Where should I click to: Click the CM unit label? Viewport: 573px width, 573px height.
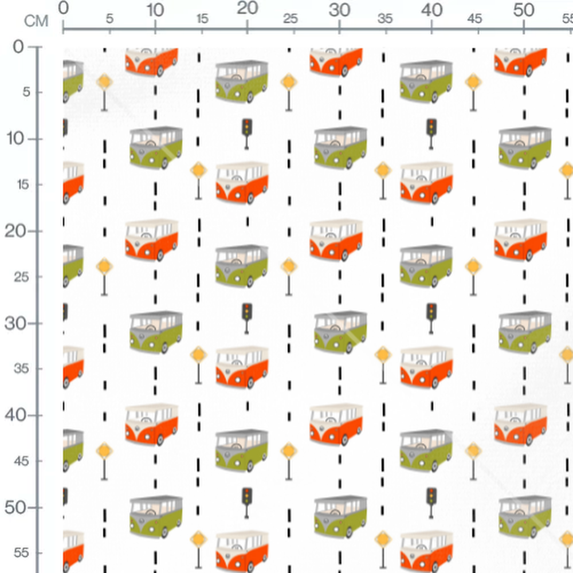click(x=36, y=21)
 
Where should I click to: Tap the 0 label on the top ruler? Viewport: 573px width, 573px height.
click(x=64, y=8)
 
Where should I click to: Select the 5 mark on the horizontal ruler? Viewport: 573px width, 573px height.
click(x=109, y=18)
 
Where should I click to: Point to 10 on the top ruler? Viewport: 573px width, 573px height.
click(x=155, y=10)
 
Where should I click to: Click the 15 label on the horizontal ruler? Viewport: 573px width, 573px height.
click(x=202, y=18)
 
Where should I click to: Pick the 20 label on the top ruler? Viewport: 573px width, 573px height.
click(x=248, y=9)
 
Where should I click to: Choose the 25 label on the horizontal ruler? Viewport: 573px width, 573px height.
click(x=291, y=18)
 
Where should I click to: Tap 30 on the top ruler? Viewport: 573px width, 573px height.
click(x=340, y=10)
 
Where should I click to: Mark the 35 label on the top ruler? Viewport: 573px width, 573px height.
click(x=386, y=18)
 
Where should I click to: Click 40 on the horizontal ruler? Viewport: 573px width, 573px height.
click(x=432, y=10)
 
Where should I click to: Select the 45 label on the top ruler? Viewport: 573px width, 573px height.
click(x=474, y=18)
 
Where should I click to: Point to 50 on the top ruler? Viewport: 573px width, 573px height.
click(x=524, y=10)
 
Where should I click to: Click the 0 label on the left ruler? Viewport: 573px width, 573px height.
click(x=18, y=46)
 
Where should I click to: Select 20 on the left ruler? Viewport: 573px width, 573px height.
click(x=16, y=231)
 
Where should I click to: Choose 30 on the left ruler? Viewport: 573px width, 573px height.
click(x=16, y=323)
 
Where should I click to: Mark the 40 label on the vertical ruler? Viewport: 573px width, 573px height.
click(x=16, y=415)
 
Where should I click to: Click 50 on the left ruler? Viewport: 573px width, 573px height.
click(x=16, y=507)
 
